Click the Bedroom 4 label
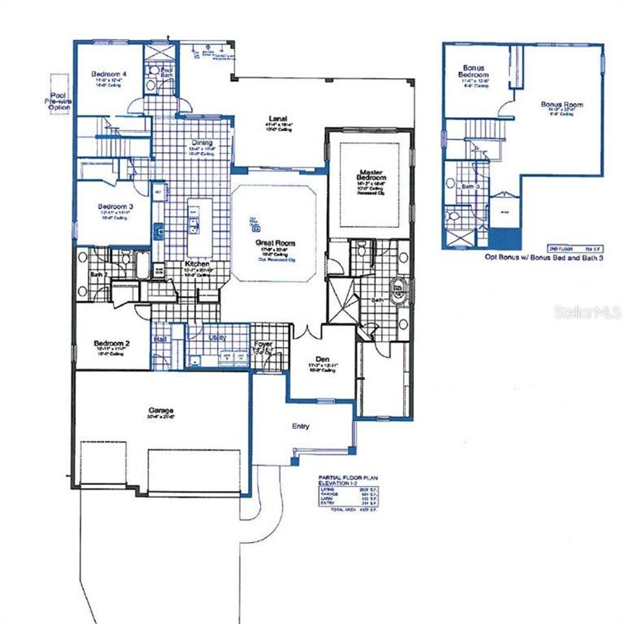coord(109,74)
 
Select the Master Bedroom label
coord(371,175)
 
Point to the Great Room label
coord(275,243)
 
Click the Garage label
coord(161,410)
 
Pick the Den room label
coord(322,359)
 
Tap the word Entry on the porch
coord(300,426)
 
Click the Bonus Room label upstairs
coord(562,105)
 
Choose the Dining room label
coord(202,143)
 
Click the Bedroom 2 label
coord(112,344)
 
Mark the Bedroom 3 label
coord(116,207)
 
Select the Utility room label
coord(217,337)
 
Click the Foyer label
coord(263,344)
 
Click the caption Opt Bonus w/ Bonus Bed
coord(544,258)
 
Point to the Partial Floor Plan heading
coord(348,478)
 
